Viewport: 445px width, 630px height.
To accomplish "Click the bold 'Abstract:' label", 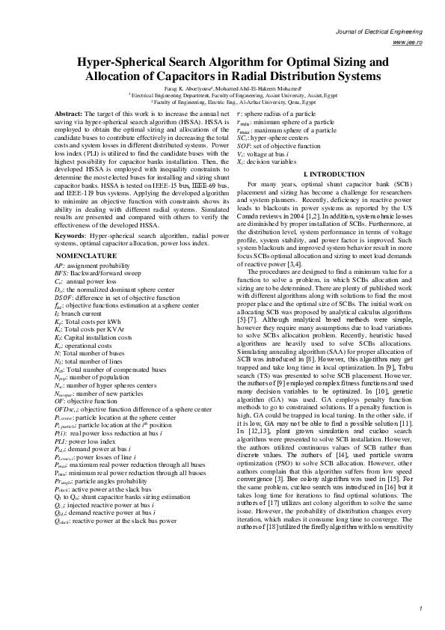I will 68,113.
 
